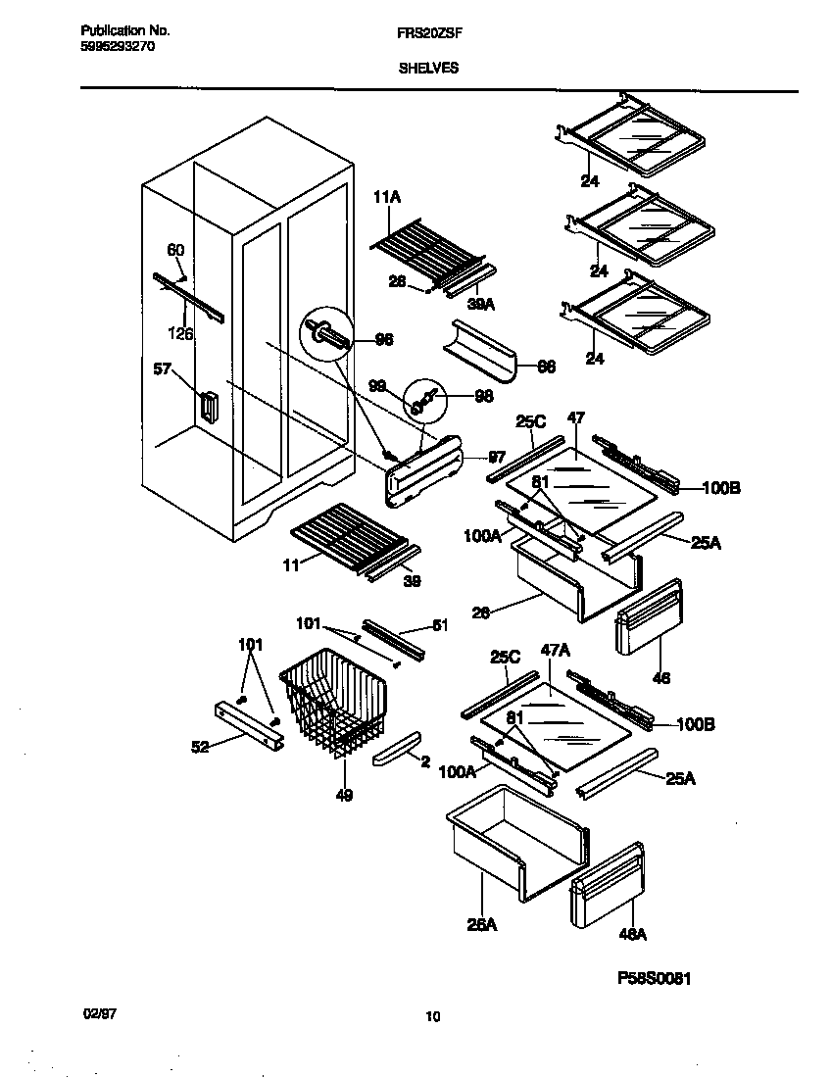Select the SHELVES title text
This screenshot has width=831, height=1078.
(x=428, y=69)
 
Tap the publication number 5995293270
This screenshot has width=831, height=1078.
(x=116, y=45)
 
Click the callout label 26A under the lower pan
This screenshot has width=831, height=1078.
(x=482, y=924)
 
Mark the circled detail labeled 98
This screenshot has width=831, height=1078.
(x=424, y=398)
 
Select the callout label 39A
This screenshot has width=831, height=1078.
(x=480, y=304)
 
